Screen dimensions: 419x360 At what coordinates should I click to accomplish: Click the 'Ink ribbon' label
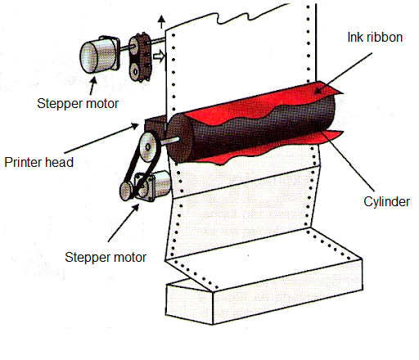tap(375, 38)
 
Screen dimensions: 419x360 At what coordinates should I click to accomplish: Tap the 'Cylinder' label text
tap(386, 202)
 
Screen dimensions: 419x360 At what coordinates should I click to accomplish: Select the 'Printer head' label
tap(39, 162)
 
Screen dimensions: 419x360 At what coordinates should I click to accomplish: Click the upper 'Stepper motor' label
tap(78, 104)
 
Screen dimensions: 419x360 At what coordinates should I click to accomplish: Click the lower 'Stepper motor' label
tap(106, 258)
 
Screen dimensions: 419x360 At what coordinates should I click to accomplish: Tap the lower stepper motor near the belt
tap(154, 186)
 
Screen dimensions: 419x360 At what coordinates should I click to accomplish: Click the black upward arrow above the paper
tap(162, 22)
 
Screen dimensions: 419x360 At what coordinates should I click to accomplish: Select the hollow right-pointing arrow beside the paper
tap(160, 56)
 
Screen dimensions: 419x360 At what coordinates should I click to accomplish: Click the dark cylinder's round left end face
tap(178, 138)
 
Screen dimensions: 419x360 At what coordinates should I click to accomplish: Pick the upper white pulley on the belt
tap(148, 147)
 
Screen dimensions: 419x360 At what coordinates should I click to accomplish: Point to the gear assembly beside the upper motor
tap(140, 57)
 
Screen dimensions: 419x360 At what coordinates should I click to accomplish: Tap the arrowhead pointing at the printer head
tap(135, 126)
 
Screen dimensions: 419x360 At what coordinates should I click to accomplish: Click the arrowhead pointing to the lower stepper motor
tap(136, 209)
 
